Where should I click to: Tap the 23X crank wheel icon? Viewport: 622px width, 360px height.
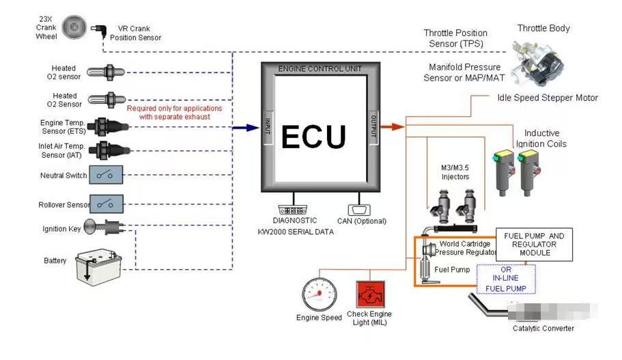(x=73, y=28)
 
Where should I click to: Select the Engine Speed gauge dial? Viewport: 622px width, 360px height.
(x=320, y=294)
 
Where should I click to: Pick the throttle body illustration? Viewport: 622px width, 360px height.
(x=539, y=59)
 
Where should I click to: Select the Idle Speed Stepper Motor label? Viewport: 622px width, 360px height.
(x=547, y=98)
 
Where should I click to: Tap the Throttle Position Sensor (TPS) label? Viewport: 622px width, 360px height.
(x=455, y=38)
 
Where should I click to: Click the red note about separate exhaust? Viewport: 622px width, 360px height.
(x=174, y=113)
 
